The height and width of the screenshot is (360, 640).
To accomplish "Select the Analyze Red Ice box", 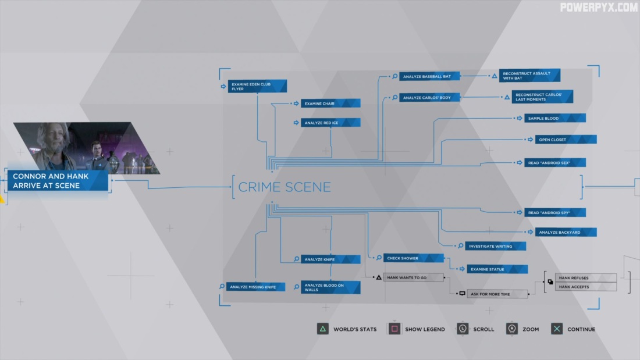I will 330,123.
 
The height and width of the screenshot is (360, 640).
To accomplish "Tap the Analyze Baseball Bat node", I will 429,76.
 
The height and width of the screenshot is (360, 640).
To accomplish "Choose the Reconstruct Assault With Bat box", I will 529,76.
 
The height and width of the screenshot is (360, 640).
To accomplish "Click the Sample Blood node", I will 554,118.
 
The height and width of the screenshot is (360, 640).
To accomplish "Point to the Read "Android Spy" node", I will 554,213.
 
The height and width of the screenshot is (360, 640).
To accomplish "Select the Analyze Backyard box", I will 566,232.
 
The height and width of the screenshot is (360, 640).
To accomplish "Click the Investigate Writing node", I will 495,246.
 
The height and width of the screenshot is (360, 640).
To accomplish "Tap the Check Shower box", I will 413,258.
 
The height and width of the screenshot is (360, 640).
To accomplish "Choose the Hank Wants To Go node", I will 413,277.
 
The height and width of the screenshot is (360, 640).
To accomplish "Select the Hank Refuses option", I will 585,278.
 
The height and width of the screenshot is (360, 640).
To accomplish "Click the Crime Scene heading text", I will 285,187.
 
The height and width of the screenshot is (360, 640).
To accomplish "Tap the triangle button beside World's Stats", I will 322,329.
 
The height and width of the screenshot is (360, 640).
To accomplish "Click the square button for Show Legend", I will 394,329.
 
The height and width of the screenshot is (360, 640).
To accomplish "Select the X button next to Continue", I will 557,329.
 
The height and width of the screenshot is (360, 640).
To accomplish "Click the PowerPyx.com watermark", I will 599,8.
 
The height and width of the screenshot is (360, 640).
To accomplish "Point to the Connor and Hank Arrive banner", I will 58,181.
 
